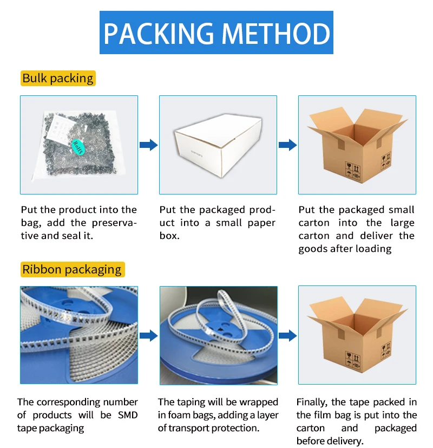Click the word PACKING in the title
pyautogui.click(x=159, y=34)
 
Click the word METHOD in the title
pyautogui.click(x=275, y=34)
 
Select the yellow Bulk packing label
pyautogui.click(x=58, y=79)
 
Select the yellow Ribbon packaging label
pyautogui.click(x=73, y=269)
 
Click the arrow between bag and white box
pyautogui.click(x=148, y=145)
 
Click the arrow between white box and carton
pyautogui.click(x=288, y=145)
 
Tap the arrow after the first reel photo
pyautogui.click(x=148, y=335)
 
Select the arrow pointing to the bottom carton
pyautogui.click(x=288, y=335)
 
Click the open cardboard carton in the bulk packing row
pyautogui.click(x=357, y=145)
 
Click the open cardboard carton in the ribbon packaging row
pyautogui.click(x=357, y=335)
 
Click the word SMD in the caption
pyautogui.click(x=128, y=415)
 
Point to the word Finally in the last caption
pyautogui.click(x=312, y=402)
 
